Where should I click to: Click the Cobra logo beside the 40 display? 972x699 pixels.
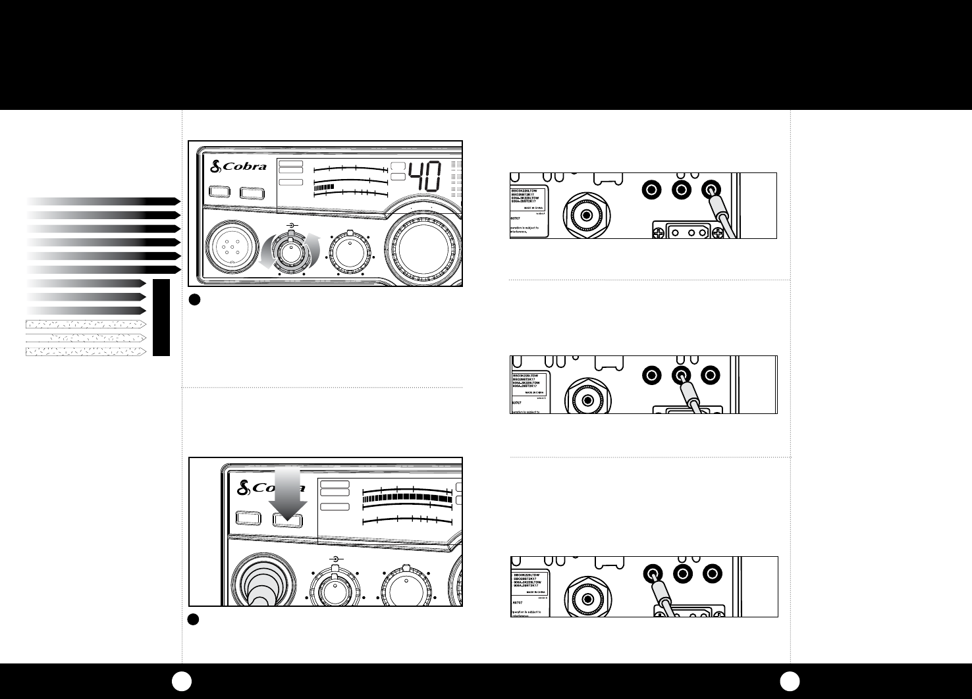[238, 167]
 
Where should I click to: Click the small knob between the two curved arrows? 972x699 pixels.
[290, 251]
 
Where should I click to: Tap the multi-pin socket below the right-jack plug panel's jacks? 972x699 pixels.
[686, 230]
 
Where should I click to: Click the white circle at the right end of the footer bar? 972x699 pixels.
[788, 681]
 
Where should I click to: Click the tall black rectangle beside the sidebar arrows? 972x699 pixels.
[161, 317]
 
